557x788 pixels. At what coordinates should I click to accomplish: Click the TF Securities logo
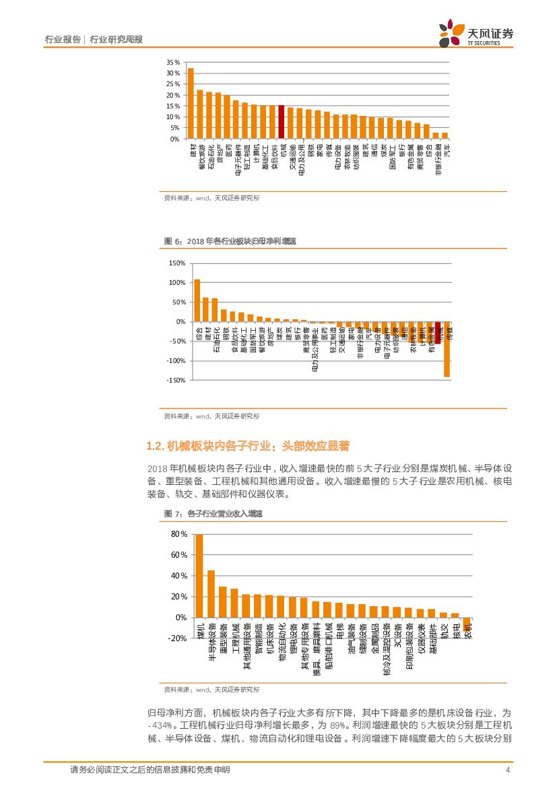[476, 32]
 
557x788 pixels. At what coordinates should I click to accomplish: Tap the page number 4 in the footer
[507, 770]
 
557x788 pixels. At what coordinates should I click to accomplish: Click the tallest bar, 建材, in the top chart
[191, 103]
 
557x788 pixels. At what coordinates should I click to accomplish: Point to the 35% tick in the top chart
[173, 62]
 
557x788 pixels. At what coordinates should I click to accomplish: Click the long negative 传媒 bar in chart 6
[447, 349]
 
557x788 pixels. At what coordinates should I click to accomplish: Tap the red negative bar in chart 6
[438, 333]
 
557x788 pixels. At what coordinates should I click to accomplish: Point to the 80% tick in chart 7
[178, 534]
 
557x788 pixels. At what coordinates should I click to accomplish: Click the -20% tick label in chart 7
[176, 638]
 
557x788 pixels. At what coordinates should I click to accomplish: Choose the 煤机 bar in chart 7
[199, 576]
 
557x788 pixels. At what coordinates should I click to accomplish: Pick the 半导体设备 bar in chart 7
[211, 594]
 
